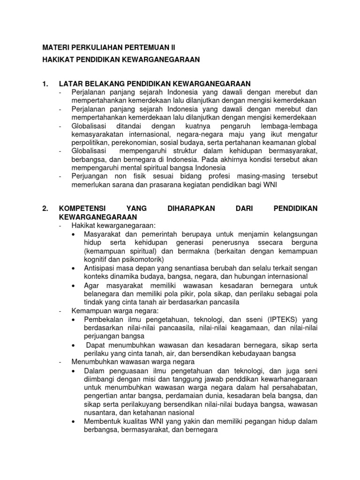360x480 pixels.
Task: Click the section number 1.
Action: click(x=45, y=84)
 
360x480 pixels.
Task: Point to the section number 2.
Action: click(x=45, y=209)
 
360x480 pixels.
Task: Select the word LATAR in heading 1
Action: click(x=70, y=84)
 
